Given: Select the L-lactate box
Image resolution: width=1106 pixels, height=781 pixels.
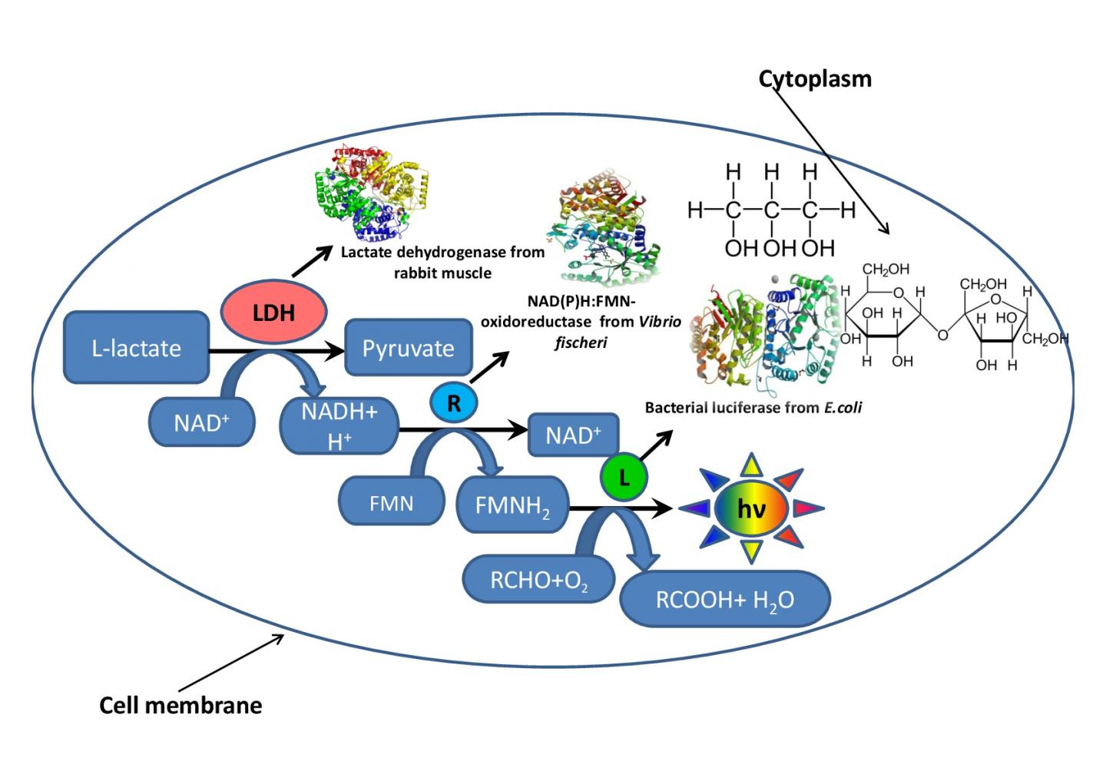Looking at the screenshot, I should [x=136, y=348].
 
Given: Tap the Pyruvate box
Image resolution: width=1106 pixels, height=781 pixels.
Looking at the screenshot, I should [x=408, y=348].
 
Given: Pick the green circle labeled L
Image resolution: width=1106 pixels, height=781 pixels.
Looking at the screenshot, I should [x=624, y=478].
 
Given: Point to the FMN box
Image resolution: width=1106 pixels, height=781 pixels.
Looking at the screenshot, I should [x=392, y=503].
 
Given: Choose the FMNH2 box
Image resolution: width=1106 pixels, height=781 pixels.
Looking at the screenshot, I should [x=512, y=505].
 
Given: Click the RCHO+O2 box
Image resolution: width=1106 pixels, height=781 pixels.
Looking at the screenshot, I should [x=539, y=580].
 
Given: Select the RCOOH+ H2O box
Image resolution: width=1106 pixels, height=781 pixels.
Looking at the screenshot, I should [x=724, y=599].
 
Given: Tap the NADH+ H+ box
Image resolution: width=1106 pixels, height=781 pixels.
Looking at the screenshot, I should [x=339, y=425].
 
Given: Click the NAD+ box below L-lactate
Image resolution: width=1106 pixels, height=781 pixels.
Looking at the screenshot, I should [x=202, y=422].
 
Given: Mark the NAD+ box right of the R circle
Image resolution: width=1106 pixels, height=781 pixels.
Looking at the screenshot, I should [x=573, y=435].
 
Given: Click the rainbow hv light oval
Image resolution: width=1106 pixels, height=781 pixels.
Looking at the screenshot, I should [x=750, y=508].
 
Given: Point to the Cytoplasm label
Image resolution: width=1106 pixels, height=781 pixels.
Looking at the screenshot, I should [x=815, y=78].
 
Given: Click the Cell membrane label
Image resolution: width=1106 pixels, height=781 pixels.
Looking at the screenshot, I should [x=180, y=705].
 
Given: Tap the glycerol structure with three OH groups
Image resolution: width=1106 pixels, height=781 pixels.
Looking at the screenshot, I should [x=771, y=210].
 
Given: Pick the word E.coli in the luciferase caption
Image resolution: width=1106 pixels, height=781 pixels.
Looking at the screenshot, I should [x=843, y=408].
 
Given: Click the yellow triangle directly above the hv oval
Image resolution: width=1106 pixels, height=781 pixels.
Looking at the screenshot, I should [x=751, y=465].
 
